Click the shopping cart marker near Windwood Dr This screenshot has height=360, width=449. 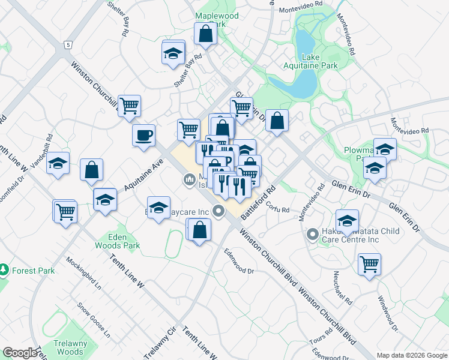point(369,264)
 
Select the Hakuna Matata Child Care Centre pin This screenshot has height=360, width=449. point(312,234)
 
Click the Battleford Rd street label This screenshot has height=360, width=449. point(258,202)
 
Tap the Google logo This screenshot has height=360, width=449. point(20,353)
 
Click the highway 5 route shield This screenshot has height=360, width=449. point(69,45)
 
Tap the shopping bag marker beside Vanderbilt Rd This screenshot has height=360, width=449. point(91,169)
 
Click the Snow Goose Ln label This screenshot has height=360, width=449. point(94,317)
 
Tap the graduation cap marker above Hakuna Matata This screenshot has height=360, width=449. point(347,221)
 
